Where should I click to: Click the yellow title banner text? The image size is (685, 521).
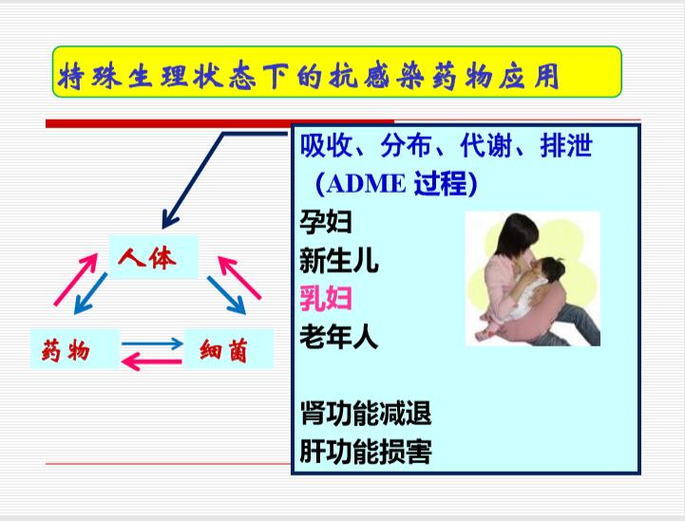[309, 76]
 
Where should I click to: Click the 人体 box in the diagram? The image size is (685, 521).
[153, 257]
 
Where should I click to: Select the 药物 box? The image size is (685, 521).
[75, 349]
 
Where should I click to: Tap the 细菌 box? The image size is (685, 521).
[229, 349]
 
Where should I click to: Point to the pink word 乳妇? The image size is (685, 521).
[326, 299]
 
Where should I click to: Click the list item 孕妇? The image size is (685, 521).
[326, 222]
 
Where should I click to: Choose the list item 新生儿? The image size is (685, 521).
[338, 260]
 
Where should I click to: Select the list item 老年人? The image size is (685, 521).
[338, 337]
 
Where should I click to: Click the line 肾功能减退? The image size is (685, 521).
[366, 413]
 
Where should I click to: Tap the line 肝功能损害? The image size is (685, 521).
[366, 451]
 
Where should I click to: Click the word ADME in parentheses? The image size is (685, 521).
[366, 184]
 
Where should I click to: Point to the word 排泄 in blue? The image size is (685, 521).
[566, 145]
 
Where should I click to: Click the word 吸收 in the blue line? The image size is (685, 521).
[326, 145]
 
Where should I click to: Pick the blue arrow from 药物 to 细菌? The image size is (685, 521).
[152, 344]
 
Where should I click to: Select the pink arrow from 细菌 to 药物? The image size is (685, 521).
[151, 362]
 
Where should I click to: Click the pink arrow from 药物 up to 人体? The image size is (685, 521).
[76, 279]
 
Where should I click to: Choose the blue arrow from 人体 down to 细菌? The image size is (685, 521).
[226, 295]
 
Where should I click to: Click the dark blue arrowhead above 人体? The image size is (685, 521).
[169, 219]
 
